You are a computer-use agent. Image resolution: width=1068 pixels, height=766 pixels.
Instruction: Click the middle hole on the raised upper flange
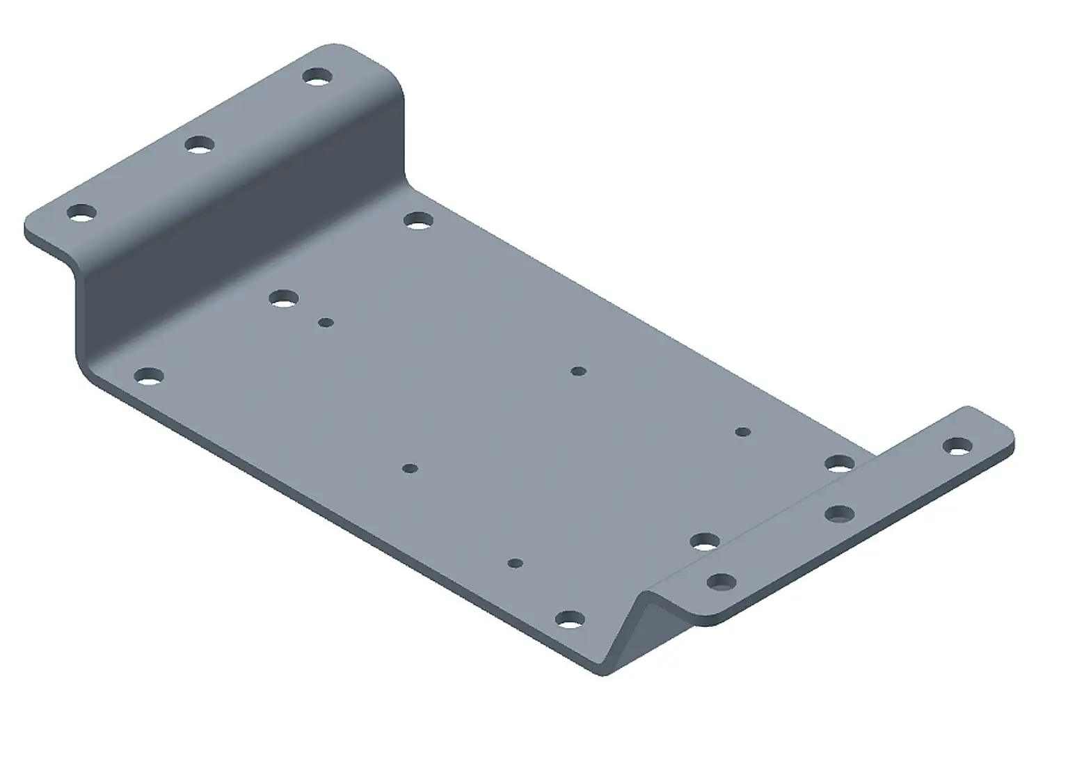point(200,145)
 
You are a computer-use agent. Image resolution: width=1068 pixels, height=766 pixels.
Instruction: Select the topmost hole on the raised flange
point(317,76)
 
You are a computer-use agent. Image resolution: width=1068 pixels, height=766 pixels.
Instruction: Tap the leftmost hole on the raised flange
point(81,212)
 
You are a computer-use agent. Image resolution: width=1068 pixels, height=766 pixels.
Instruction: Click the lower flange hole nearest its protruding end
point(957,447)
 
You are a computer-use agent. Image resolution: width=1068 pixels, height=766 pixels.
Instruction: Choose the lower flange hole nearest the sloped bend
point(721,582)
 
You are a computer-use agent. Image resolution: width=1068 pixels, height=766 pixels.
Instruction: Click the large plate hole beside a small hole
point(282,299)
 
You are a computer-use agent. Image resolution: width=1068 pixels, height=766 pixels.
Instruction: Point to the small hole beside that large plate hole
point(326,322)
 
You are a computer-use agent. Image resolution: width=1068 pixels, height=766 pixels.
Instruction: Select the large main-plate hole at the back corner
point(417,222)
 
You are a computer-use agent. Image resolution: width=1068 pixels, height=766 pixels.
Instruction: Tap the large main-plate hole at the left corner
point(148,377)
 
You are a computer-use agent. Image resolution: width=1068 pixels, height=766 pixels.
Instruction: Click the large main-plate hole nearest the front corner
point(570,619)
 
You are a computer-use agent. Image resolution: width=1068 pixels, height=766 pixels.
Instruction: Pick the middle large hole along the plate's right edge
point(706,541)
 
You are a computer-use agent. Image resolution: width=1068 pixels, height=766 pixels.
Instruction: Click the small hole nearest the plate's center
point(578,372)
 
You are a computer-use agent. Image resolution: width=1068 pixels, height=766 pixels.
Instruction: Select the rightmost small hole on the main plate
point(743,432)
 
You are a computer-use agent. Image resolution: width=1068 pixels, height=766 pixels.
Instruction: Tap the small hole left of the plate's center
point(411,468)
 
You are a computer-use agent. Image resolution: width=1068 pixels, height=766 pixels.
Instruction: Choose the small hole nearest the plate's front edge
point(515,562)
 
